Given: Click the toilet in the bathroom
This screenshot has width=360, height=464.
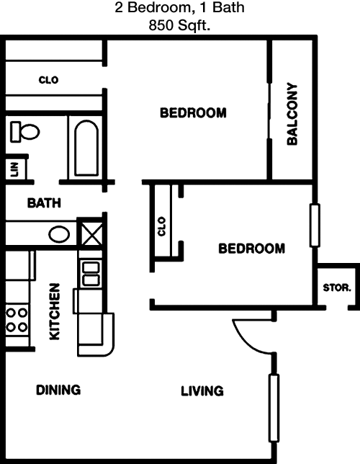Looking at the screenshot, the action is point(25,131).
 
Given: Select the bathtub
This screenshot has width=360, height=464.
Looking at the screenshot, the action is point(86,148).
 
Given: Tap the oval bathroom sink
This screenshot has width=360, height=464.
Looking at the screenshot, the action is point(59,234).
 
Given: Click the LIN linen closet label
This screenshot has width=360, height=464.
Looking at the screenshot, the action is point(14,169).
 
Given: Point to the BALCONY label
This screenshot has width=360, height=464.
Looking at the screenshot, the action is point(292,114).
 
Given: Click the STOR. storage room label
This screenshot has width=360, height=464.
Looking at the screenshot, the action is point(337,287).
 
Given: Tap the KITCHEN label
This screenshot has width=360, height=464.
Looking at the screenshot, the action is point(55,311).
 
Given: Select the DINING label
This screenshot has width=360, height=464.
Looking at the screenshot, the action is point(58,390).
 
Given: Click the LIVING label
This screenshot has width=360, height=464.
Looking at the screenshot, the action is point(202,391).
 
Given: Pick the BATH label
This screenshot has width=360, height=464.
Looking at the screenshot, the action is point(44,203).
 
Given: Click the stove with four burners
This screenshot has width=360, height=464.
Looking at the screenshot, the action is point(17,320).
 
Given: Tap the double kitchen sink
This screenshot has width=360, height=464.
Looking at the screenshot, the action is point(91,274).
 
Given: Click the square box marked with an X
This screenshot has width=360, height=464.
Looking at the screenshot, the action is point(91,233).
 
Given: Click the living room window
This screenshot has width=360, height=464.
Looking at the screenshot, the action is point(274,409).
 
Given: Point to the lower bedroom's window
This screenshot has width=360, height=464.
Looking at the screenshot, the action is point(315,225).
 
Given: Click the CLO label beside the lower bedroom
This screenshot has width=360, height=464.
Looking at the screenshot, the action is point(161,226).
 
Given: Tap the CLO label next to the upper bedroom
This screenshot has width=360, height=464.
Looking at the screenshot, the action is point(48,80).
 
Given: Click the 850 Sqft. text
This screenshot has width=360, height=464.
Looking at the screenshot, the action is point(179,25).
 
